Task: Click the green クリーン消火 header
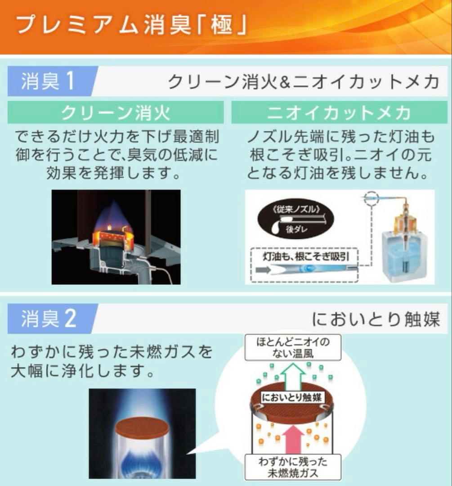tap(116, 112)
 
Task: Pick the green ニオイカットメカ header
tap(339, 112)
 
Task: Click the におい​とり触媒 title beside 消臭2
tap(376, 319)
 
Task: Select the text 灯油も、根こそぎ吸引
tap(305, 256)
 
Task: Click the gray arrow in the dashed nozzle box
tap(264, 270)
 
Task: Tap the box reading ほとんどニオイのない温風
tap(293, 347)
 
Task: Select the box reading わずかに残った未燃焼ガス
tap(293, 468)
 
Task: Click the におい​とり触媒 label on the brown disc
tap(292, 398)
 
